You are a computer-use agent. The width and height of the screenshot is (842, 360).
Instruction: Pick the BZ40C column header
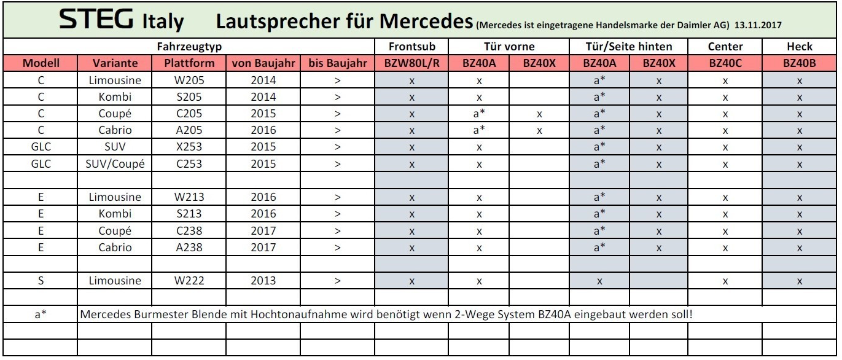coord(725,63)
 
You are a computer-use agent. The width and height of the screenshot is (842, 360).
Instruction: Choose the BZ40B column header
coord(799,63)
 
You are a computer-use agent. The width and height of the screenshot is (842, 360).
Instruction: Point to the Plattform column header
coord(189,63)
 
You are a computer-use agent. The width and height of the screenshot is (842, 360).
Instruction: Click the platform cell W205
coord(189,80)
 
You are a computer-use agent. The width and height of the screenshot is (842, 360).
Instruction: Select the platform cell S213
coord(189,214)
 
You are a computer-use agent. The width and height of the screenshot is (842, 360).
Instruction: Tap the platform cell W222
coord(189,281)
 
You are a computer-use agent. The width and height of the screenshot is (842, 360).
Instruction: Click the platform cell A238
coord(189,248)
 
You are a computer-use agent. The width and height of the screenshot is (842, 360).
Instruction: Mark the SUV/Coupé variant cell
coord(115,163)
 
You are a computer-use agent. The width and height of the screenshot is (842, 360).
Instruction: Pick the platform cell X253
coord(189,147)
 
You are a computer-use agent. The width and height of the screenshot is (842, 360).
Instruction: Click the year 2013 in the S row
coord(263,281)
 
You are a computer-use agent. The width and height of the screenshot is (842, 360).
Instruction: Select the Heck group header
coord(799,46)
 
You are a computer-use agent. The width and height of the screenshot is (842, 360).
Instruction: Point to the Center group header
coord(725,46)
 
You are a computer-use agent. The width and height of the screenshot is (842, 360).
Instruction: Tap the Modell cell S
coord(40,281)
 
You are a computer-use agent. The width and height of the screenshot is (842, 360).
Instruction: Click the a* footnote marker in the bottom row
coord(40,315)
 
